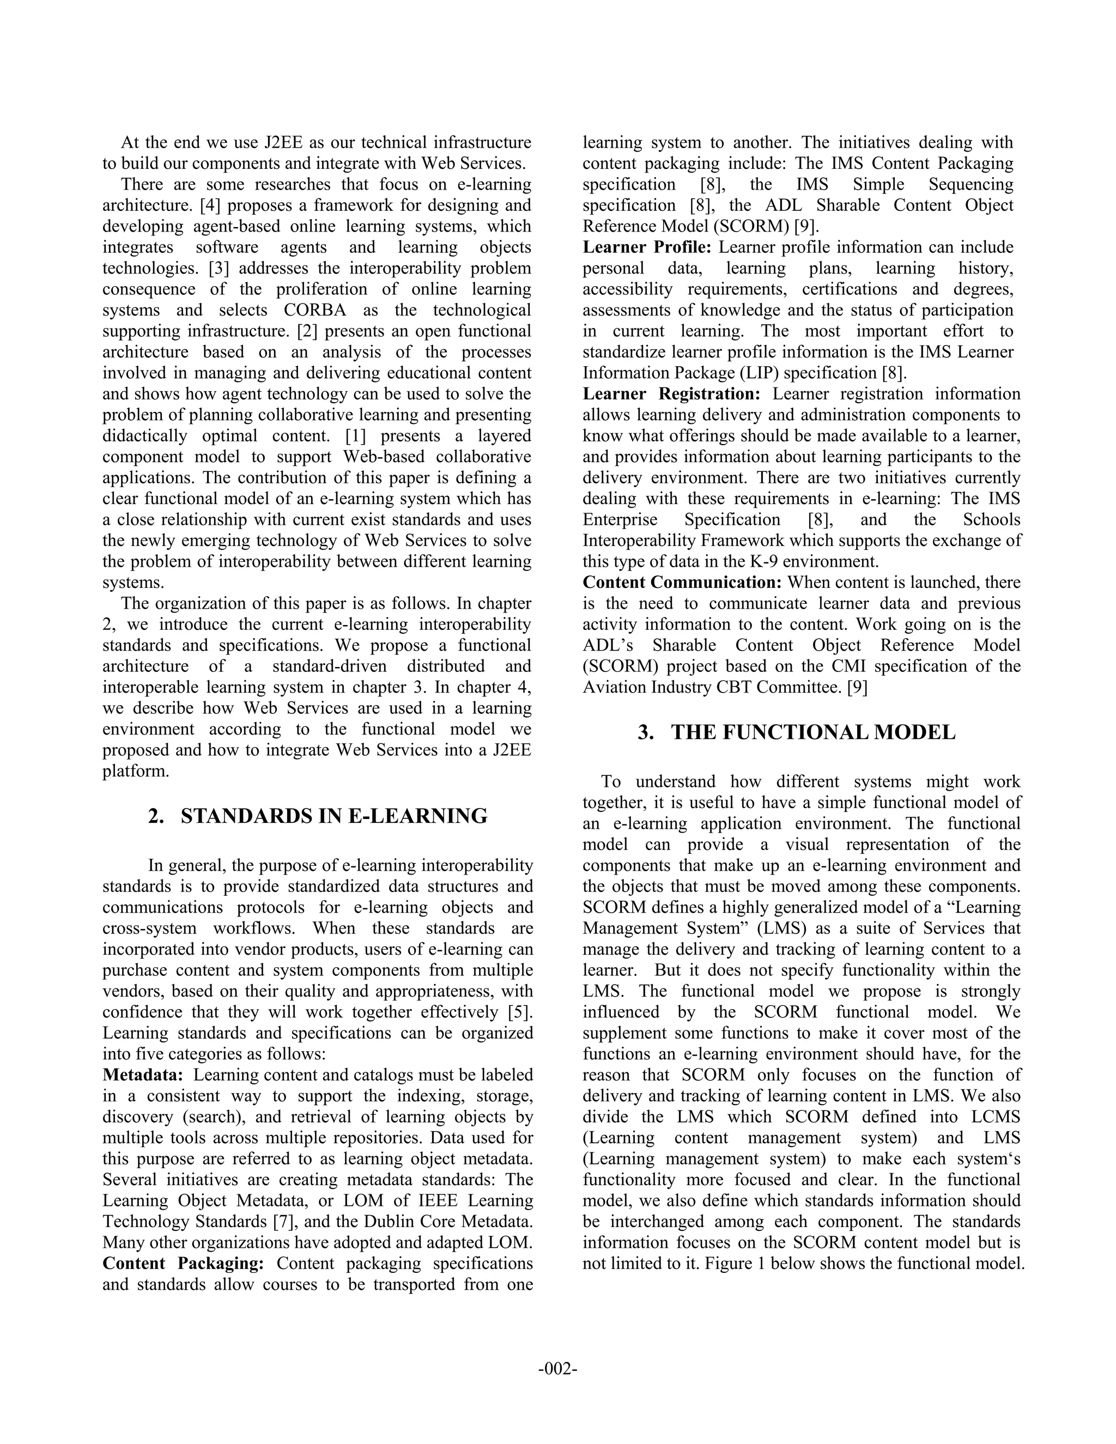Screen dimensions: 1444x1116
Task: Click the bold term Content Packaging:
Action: (183, 1264)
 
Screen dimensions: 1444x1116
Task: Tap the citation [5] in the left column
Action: (520, 1012)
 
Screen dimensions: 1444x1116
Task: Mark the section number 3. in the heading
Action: (645, 732)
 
